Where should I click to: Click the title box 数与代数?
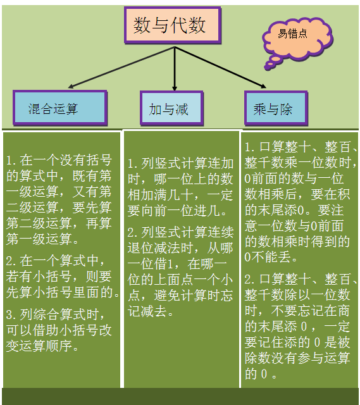pyautogui.click(x=173, y=25)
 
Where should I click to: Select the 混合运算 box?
pyautogui.click(x=60, y=108)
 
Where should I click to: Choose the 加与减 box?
pyautogui.click(x=171, y=108)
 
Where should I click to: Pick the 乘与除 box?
pyautogui.click(x=276, y=108)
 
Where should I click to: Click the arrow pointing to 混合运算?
pyautogui.click(x=121, y=68)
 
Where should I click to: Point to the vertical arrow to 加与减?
pyautogui.click(x=175, y=69)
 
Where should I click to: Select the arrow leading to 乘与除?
pyautogui.click(x=221, y=68)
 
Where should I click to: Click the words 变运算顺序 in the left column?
pyautogui.click(x=39, y=346)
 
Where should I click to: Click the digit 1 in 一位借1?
pyautogui.click(x=170, y=265)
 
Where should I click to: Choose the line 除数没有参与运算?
pyautogui.click(x=297, y=358)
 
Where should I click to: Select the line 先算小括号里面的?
pyautogui.click(x=63, y=292)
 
